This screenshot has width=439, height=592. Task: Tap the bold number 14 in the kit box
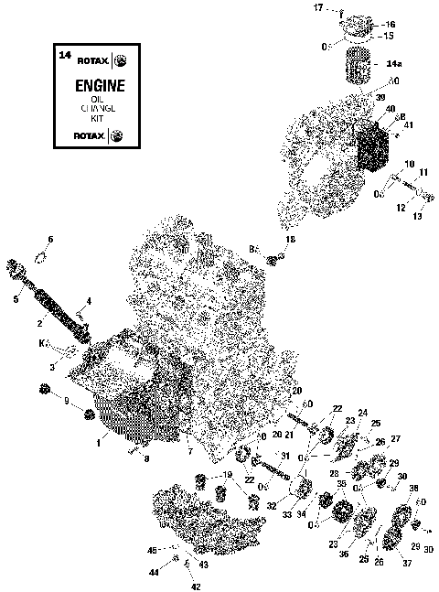point(64,56)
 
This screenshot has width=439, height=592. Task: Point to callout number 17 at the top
point(319,7)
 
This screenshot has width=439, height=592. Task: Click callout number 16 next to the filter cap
point(390,25)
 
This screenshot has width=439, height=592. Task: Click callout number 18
point(291,239)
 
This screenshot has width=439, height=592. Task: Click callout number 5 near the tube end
point(15,298)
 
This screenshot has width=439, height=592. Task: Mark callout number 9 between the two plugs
point(66,400)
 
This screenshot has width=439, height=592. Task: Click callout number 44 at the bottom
point(154,572)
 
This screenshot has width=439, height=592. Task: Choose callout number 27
point(396,438)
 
